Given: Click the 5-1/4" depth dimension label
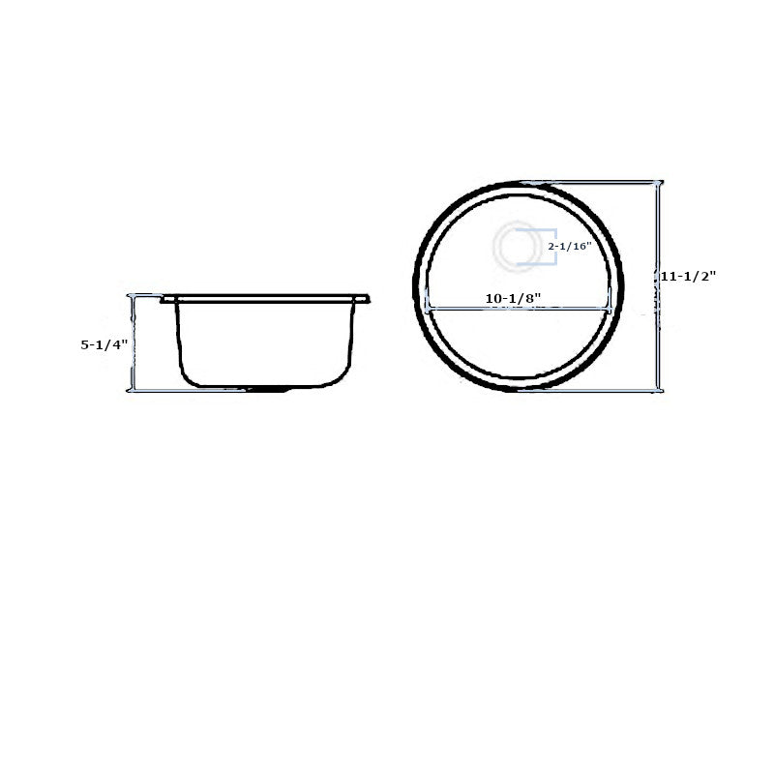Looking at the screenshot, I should (x=104, y=343).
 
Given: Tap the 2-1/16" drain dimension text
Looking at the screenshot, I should (x=569, y=247).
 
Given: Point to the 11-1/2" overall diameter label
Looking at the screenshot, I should (x=688, y=276).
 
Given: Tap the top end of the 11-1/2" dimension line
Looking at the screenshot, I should (x=659, y=183).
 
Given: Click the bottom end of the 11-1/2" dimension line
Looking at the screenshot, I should (x=659, y=390).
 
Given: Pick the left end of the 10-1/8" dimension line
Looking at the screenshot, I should (x=428, y=310).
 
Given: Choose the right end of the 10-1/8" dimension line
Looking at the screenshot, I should (x=609, y=310).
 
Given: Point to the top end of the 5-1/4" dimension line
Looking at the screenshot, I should (x=132, y=296).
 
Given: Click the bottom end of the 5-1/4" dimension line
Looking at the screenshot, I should (x=132, y=390).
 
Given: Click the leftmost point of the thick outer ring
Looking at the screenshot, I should (x=417, y=286).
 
